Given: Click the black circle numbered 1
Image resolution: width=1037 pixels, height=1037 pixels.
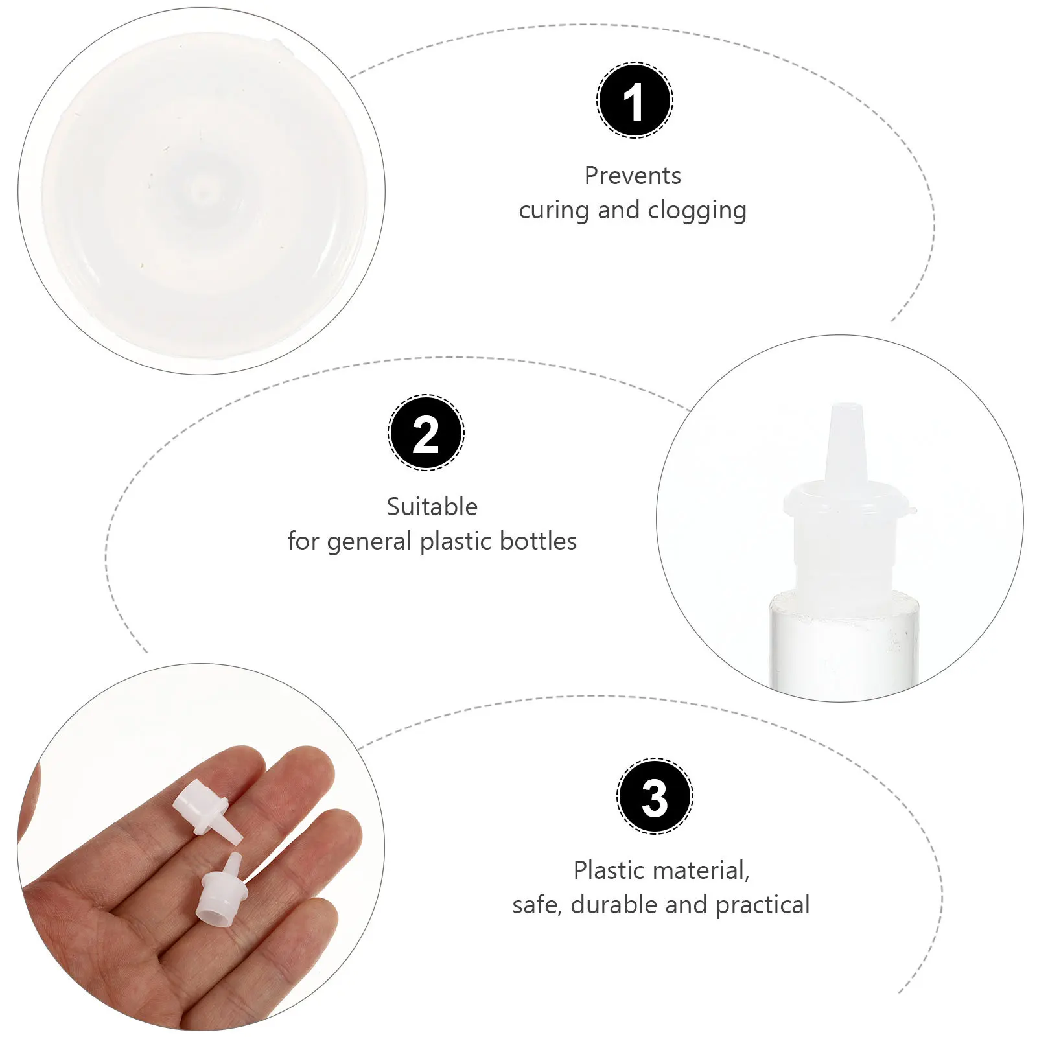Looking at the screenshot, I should [635, 100].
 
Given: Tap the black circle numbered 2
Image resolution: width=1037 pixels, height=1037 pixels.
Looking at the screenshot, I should [426, 433].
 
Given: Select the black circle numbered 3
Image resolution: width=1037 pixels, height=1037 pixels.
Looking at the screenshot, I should [655, 796].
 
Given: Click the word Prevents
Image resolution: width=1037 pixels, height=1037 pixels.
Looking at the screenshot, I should [633, 176].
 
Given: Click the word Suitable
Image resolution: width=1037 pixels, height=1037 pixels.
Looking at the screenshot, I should [432, 507].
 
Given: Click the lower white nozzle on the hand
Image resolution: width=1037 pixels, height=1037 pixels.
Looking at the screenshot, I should [221, 891].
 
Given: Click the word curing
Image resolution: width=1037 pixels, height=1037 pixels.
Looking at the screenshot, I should [553, 211].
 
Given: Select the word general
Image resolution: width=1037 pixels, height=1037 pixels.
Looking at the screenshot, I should [369, 541].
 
